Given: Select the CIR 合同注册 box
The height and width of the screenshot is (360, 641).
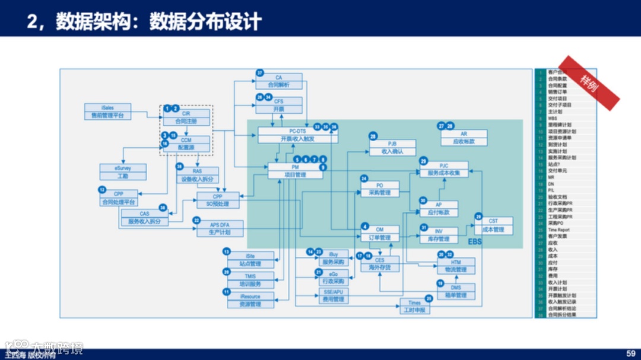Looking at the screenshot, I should pos(186,117).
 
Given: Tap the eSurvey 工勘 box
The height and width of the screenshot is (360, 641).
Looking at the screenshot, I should pos(123,172).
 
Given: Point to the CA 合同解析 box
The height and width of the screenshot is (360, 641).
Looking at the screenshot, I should pos(278,81).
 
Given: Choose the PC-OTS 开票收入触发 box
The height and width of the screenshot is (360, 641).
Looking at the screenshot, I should pos(297,135).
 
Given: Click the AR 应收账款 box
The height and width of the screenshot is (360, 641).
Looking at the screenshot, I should pos(464,138).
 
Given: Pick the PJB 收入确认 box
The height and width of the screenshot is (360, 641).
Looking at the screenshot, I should pos(392,148).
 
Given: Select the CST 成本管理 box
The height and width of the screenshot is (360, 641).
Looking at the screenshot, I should pos(493,225).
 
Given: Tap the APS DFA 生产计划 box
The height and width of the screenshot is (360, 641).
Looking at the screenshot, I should pos(219,228).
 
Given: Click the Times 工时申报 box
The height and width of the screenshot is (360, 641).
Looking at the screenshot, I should pos(414,306).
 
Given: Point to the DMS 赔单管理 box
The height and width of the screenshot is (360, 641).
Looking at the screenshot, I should pos(455,291).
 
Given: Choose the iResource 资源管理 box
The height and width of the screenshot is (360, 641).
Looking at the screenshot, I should pos(250,300).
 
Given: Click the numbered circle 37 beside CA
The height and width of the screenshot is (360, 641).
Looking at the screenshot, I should pos(259,73).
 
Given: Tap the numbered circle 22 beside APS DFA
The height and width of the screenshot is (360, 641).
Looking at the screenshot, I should pos(196,220).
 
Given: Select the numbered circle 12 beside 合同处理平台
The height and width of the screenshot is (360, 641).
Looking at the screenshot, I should pos(102,190).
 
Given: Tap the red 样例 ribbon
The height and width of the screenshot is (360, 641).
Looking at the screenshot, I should pos(589,83).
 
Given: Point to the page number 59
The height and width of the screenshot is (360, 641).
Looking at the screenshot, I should pos(630,353).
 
